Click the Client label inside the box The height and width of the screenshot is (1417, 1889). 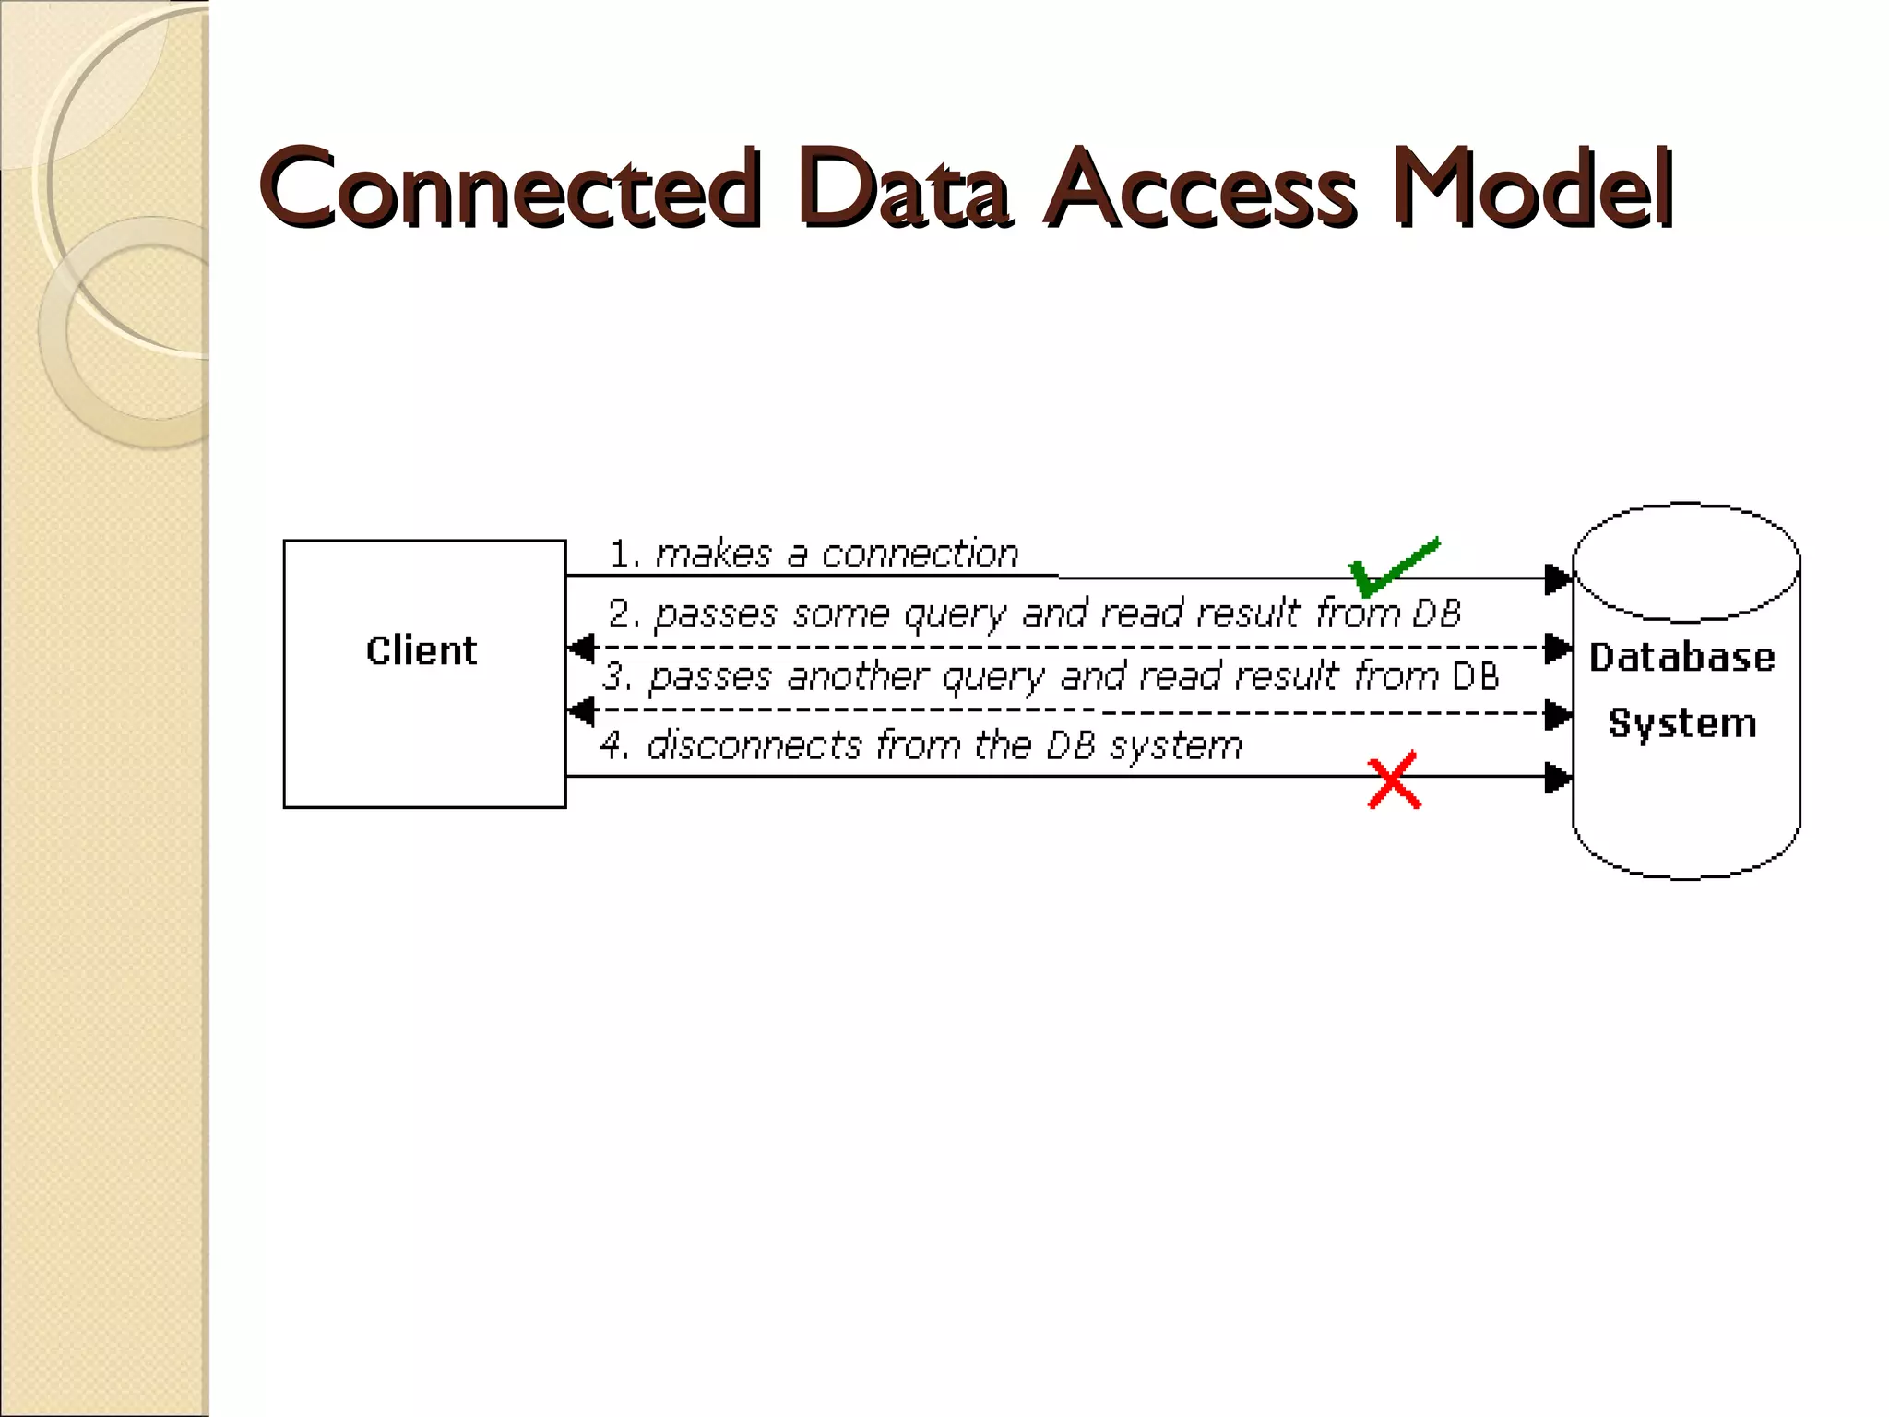point(422,651)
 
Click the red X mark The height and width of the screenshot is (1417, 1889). point(1394,782)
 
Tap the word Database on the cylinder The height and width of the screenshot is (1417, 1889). point(1681,658)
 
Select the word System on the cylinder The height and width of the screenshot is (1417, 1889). point(1682,723)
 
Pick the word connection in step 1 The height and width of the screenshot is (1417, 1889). point(920,554)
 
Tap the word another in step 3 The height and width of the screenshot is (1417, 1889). point(857,677)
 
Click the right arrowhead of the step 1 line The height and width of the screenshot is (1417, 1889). point(1557,578)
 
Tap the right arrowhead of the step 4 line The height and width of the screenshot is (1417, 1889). point(1557,777)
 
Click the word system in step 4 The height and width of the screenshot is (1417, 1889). point(1176,745)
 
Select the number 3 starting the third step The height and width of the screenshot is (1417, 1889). point(614,677)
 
